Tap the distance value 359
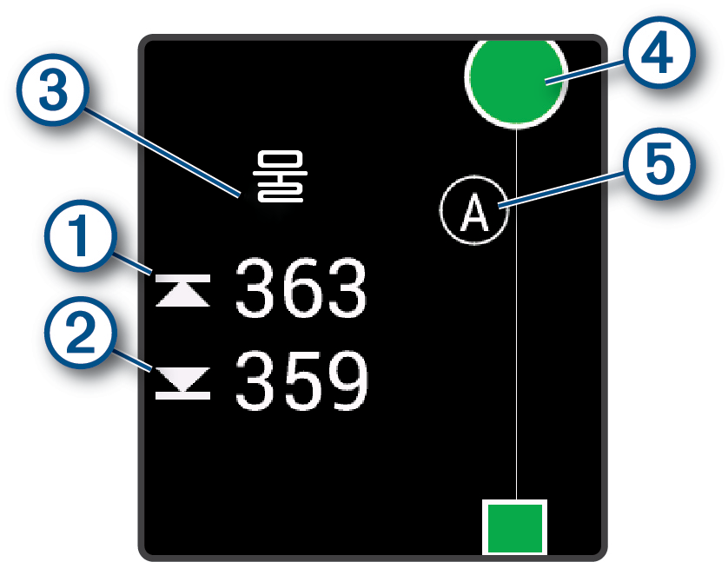[x=300, y=381]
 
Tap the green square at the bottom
[x=514, y=526]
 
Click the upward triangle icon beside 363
[x=182, y=291]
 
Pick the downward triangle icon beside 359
[x=182, y=383]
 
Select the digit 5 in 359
[x=300, y=381]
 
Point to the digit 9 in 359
[x=345, y=381]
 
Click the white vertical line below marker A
[x=517, y=365]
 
